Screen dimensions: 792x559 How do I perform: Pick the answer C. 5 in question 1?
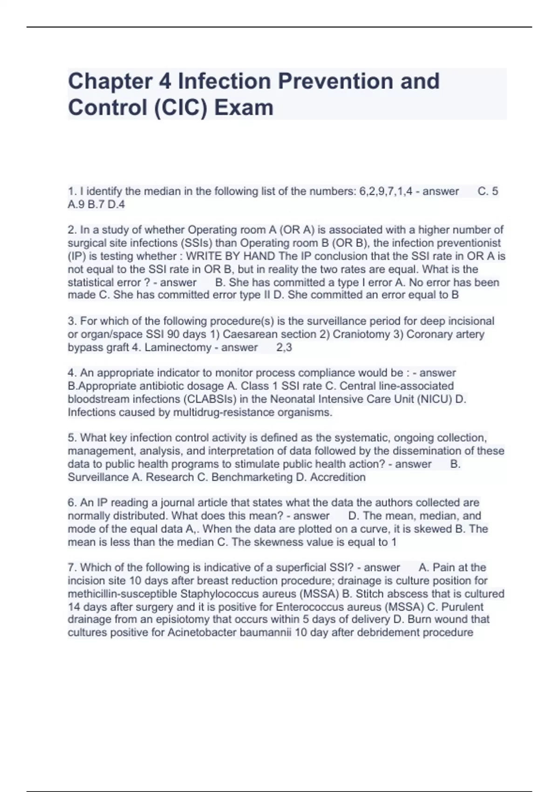click(x=488, y=191)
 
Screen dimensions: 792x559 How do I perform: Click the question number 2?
click(x=72, y=230)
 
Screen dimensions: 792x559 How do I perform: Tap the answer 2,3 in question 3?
click(x=284, y=348)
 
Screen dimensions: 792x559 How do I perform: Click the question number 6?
click(x=72, y=503)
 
